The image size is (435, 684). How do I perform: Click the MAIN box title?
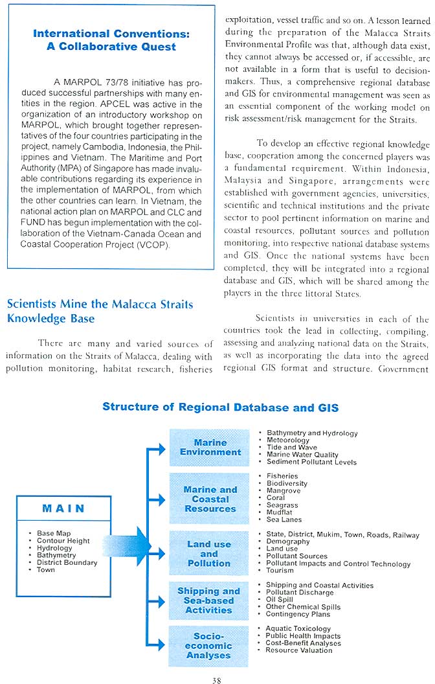pyautogui.click(x=63, y=508)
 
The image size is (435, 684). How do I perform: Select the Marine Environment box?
pyautogui.click(x=210, y=448)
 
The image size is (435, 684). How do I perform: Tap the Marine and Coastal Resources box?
pyautogui.click(x=210, y=499)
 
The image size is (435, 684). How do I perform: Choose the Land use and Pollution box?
pyautogui.click(x=209, y=554)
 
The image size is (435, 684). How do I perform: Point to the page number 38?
pyautogui.click(x=217, y=679)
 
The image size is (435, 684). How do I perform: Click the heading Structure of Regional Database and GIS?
pyautogui.click(x=220, y=407)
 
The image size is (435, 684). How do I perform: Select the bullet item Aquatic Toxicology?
pyautogui.click(x=298, y=628)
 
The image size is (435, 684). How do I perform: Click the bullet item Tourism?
pyautogui.click(x=280, y=571)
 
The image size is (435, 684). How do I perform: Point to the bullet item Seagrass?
pyautogui.click(x=284, y=505)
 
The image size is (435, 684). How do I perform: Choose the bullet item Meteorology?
pyautogui.click(x=288, y=440)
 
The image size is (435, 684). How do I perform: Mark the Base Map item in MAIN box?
pyautogui.click(x=54, y=534)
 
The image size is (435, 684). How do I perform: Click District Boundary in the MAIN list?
pyautogui.click(x=67, y=563)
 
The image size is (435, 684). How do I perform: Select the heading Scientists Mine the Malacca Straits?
pyautogui.click(x=100, y=304)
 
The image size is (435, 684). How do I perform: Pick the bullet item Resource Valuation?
pyautogui.click(x=299, y=650)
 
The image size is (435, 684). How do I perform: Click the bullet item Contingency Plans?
pyautogui.click(x=298, y=614)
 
